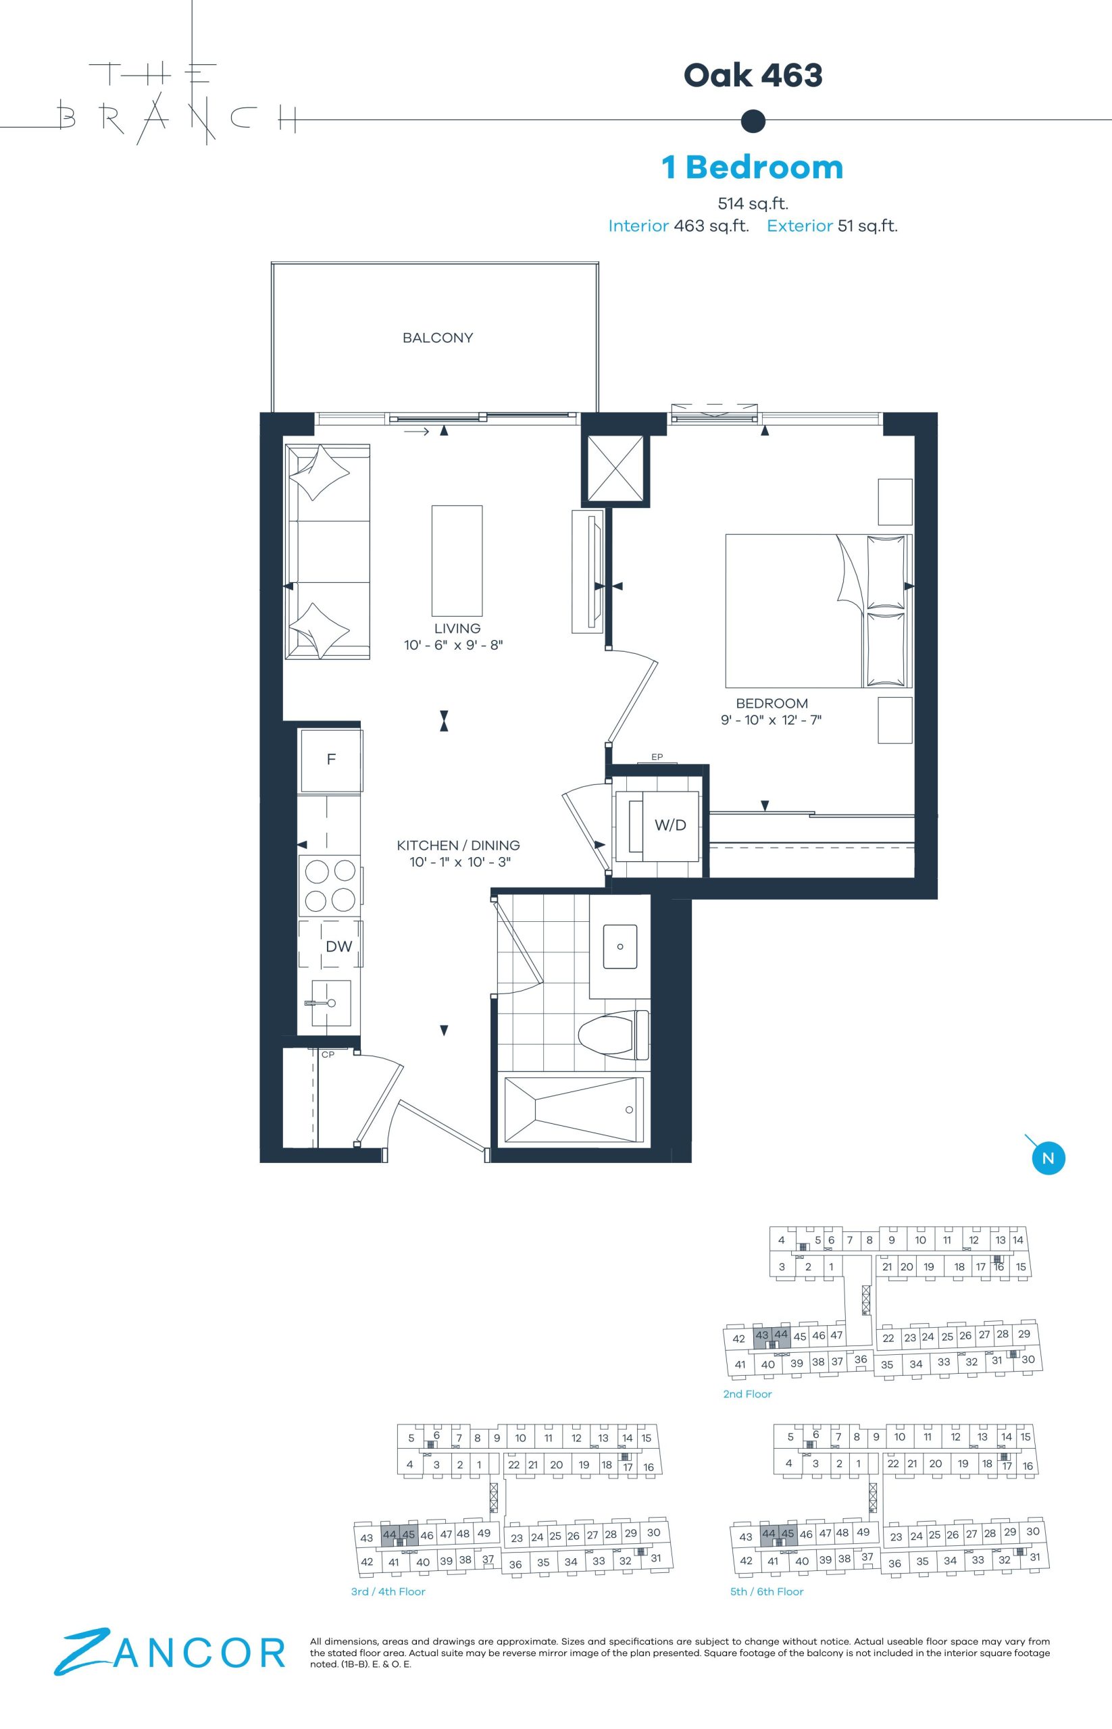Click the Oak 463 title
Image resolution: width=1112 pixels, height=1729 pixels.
753,75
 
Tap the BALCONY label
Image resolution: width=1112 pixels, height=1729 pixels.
438,338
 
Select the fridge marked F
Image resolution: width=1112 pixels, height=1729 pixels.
331,760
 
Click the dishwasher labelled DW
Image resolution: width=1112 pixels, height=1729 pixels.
331,946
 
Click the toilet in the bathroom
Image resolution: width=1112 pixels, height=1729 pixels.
615,1035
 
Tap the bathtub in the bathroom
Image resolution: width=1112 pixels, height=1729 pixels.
574,1110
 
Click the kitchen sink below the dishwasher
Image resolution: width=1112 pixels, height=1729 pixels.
332,1003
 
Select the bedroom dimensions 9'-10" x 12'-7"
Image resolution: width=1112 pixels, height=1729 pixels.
772,720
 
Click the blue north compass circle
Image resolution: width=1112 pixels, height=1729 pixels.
1048,1158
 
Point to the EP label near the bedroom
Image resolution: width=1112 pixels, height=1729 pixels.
657,757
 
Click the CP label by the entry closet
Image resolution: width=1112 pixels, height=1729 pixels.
328,1055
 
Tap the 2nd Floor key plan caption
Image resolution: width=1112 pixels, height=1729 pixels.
747,1394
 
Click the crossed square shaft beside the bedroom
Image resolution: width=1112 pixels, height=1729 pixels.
612,468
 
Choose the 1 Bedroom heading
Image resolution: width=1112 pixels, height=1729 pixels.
753,167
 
